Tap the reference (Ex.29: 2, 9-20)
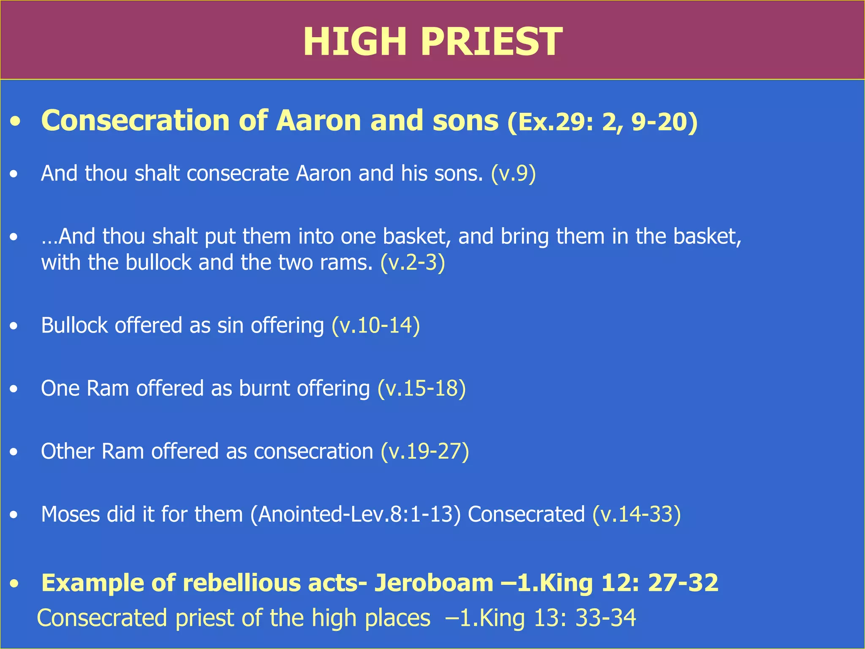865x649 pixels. tap(602, 122)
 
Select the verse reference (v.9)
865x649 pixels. tap(513, 174)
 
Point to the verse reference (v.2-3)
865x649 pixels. tap(413, 263)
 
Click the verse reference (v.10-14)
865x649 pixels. tap(376, 326)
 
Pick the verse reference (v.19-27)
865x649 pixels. tap(425, 452)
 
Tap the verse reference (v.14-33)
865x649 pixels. tap(637, 515)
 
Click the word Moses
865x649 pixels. tap(70, 515)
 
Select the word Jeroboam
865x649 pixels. tap(434, 583)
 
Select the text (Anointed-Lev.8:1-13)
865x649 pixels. tap(355, 515)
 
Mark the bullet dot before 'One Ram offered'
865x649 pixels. tap(14, 389)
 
